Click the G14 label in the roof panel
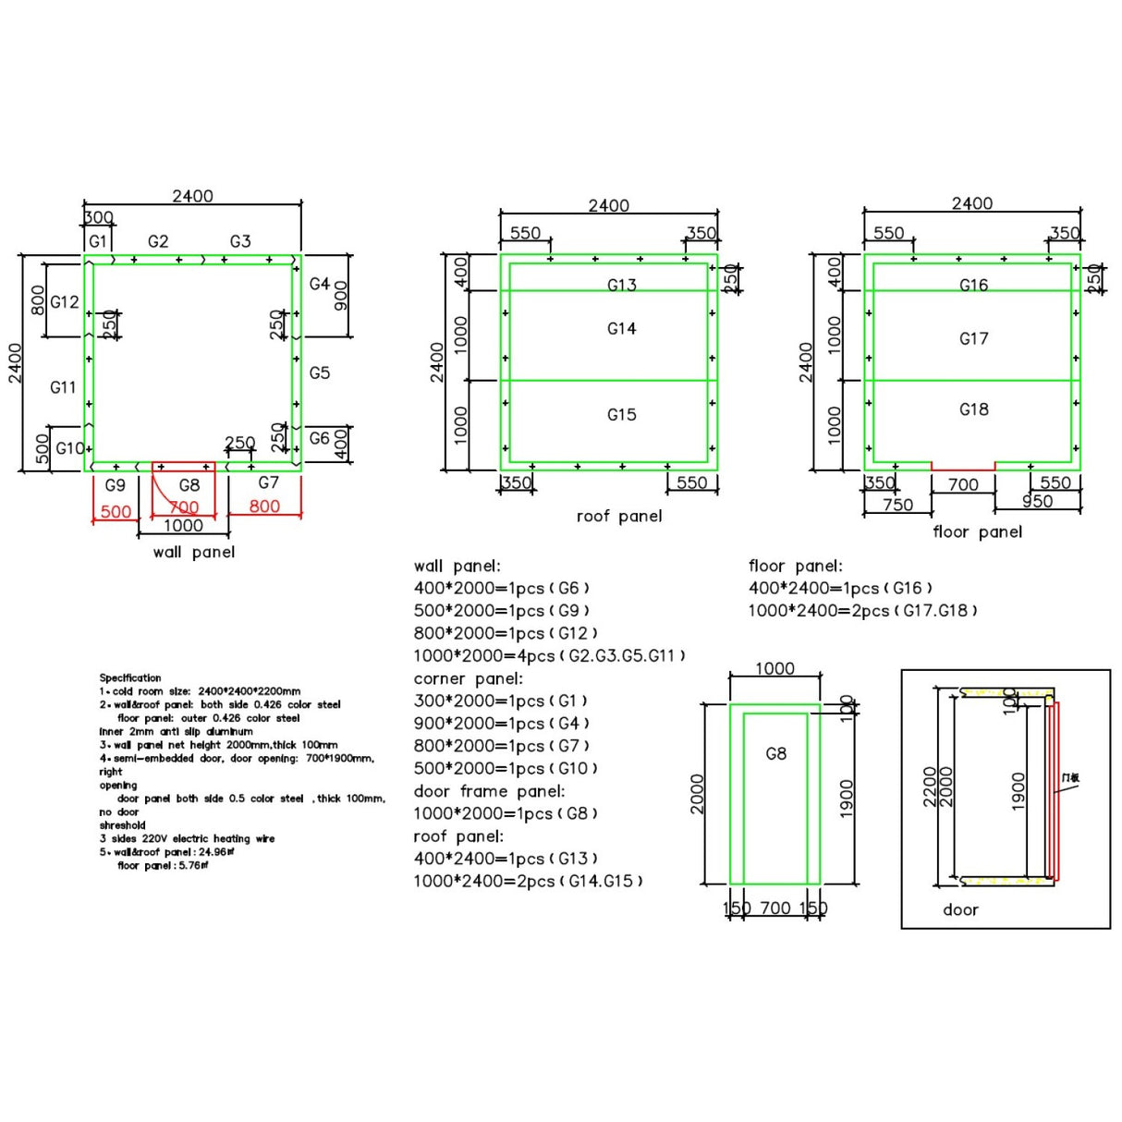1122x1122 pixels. (x=621, y=329)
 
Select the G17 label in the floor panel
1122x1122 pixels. (x=973, y=339)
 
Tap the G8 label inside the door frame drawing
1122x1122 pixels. (x=775, y=754)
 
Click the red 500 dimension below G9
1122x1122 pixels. (x=116, y=512)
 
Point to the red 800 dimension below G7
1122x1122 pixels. (x=264, y=506)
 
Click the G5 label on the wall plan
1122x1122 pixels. (x=320, y=373)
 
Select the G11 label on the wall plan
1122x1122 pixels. (x=63, y=388)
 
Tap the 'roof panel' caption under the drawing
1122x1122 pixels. (x=618, y=517)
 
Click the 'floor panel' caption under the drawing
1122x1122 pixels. (x=977, y=532)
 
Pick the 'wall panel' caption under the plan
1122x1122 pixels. (x=194, y=553)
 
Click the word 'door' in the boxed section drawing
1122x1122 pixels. (x=960, y=910)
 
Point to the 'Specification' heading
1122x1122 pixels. (x=130, y=678)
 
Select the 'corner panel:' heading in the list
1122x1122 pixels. (x=468, y=678)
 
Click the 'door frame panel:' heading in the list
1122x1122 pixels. (x=489, y=791)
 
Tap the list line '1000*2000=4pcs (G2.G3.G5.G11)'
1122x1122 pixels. (x=549, y=656)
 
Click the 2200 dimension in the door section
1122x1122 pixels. (x=930, y=787)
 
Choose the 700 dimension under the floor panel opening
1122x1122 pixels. (x=963, y=484)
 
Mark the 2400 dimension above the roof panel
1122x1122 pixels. (x=608, y=205)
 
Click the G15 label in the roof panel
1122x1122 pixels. (x=621, y=415)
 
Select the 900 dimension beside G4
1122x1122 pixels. (x=341, y=296)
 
